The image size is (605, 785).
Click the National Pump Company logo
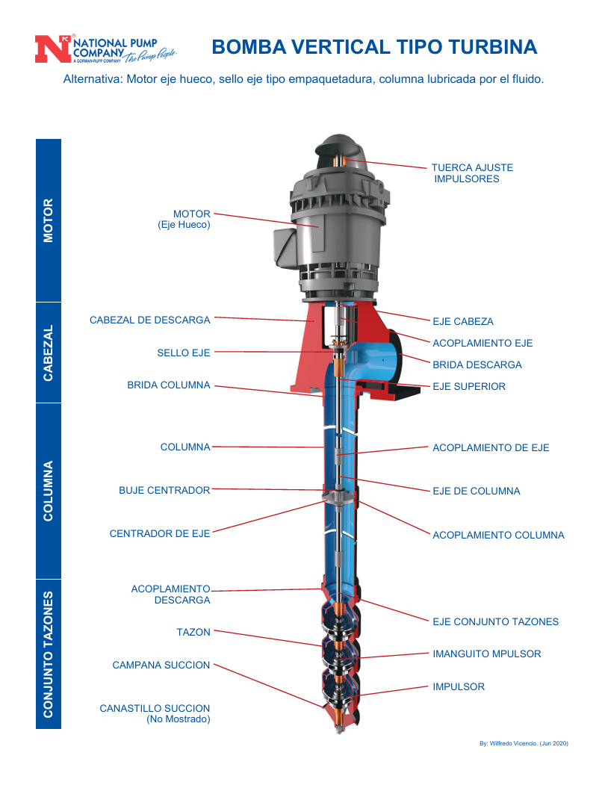105,49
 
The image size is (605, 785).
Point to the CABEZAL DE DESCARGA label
150,320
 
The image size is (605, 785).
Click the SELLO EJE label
184,353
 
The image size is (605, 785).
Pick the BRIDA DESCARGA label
477,364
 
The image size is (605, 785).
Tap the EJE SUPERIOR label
469,386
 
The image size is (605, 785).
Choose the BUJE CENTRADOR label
164,491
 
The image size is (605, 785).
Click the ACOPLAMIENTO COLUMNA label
498,535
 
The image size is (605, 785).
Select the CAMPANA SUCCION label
161,665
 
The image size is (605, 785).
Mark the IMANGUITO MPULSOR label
487,654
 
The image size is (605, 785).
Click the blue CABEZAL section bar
49,353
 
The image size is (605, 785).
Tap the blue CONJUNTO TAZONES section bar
49,654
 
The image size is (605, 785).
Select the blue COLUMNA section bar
49,491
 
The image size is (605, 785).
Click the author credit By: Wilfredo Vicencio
524,743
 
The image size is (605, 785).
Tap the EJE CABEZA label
463,321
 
